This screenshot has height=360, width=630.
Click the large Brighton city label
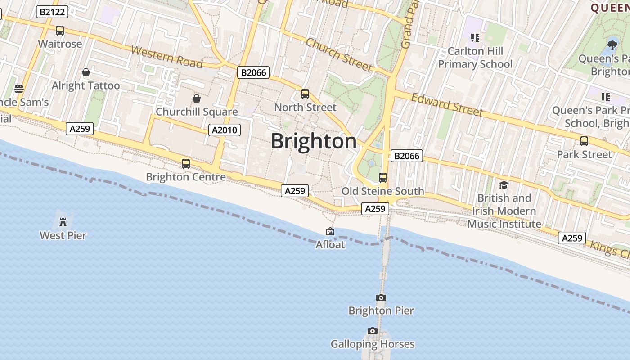[314, 141]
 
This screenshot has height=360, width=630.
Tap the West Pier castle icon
[63, 222]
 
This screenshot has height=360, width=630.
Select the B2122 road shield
[52, 12]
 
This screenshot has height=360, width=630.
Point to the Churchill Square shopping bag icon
[197, 99]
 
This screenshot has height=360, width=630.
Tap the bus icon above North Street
[305, 94]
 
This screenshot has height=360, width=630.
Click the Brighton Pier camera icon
[381, 297]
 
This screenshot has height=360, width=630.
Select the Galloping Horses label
[373, 344]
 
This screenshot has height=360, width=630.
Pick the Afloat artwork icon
[330, 232]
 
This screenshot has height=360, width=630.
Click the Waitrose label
[60, 44]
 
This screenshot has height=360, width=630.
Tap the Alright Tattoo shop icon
[86, 72]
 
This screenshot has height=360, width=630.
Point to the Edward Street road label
[447, 104]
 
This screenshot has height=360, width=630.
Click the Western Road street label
[166, 56]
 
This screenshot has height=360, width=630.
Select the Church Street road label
[339, 55]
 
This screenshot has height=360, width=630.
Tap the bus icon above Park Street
[584, 141]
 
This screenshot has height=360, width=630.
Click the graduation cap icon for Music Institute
[504, 185]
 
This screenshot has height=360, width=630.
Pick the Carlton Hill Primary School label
[475, 58]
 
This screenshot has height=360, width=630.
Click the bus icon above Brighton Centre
[186, 164]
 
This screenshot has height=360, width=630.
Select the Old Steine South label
[382, 191]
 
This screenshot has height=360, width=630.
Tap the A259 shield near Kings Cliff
[571, 238]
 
